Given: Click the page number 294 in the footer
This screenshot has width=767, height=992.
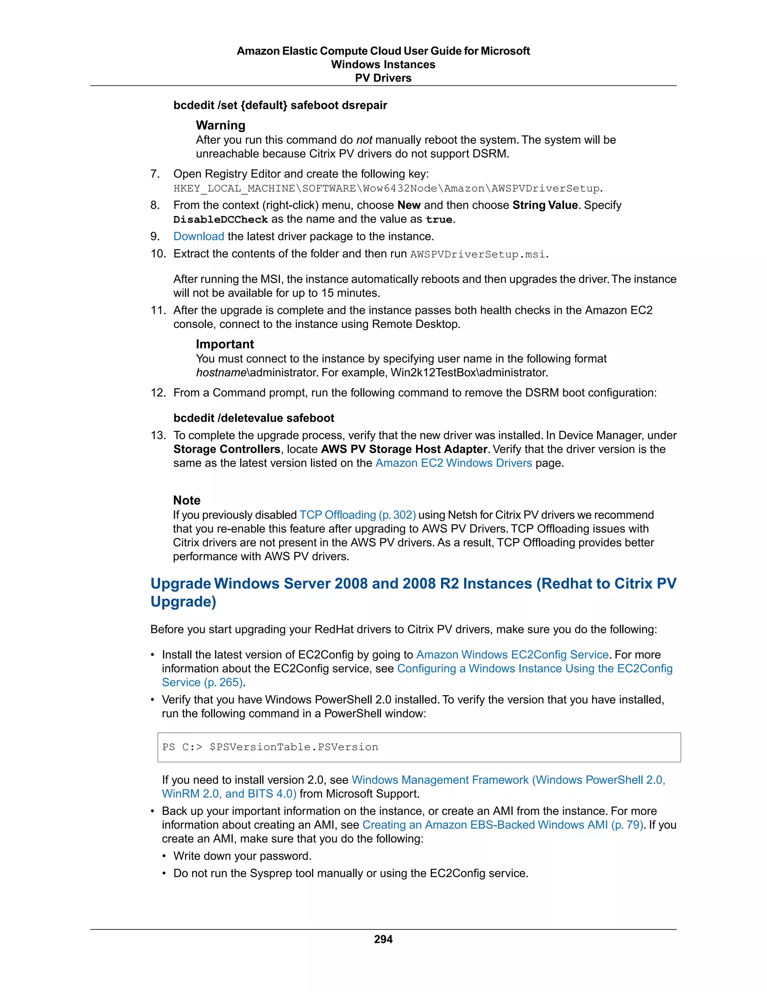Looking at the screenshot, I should (383, 939).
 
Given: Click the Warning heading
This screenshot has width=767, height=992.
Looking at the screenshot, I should (220, 125).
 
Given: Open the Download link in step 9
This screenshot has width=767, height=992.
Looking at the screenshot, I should (198, 236).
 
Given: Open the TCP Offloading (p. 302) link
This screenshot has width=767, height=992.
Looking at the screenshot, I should (358, 515).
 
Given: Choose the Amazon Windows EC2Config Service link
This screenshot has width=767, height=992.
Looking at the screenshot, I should (512, 654).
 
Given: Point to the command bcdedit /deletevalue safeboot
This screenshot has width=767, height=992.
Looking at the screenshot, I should (254, 418).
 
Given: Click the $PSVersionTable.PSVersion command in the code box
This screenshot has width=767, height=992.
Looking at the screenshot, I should (294, 747).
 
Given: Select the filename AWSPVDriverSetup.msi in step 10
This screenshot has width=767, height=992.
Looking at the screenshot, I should (478, 254).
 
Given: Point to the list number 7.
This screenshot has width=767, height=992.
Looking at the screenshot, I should (155, 174).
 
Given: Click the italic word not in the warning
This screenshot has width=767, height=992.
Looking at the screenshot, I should (364, 140).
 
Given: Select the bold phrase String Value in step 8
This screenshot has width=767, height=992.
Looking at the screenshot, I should (545, 205).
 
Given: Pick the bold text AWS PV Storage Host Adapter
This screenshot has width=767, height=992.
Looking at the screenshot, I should (404, 449).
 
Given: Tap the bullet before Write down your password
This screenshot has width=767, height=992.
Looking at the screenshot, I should (164, 856).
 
